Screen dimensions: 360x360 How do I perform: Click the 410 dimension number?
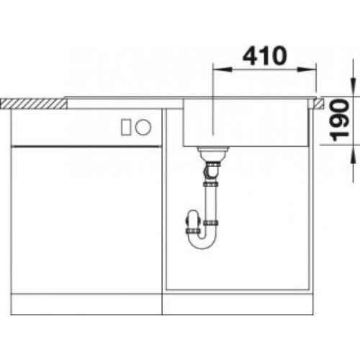click(265, 55)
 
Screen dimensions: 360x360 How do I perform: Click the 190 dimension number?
click(339, 121)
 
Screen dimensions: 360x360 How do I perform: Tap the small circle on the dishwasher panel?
click(143, 127)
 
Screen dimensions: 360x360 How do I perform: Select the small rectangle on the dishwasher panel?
click(126, 127)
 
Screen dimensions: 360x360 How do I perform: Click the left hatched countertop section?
click(34, 104)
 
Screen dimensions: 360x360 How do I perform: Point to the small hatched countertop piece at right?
click(319, 104)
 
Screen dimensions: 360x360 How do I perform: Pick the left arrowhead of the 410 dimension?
click(222, 70)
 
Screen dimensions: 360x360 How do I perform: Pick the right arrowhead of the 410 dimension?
click(307, 70)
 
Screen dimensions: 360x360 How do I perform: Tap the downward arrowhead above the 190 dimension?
click(353, 87)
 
